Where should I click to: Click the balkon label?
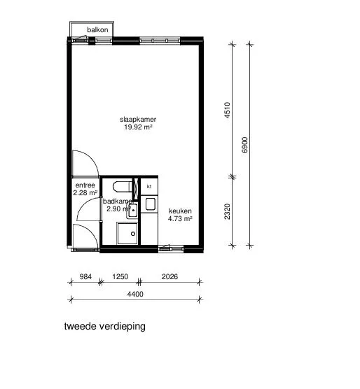97,30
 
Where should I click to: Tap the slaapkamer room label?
138,120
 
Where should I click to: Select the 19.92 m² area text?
138,127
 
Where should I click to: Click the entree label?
85,185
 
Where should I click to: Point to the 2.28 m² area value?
85,192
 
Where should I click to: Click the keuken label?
180,211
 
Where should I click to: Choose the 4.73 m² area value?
180,218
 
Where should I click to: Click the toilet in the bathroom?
123,187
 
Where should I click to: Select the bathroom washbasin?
132,211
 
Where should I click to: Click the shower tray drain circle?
133,234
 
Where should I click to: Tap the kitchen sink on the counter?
151,204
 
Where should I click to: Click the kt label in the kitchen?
149,186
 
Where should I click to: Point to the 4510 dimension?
227,110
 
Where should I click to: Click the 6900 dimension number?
245,145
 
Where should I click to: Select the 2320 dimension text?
227,211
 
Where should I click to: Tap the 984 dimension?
85,276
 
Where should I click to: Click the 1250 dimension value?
120,276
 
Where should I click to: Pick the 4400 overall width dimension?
135,294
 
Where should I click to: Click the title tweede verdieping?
105,327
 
